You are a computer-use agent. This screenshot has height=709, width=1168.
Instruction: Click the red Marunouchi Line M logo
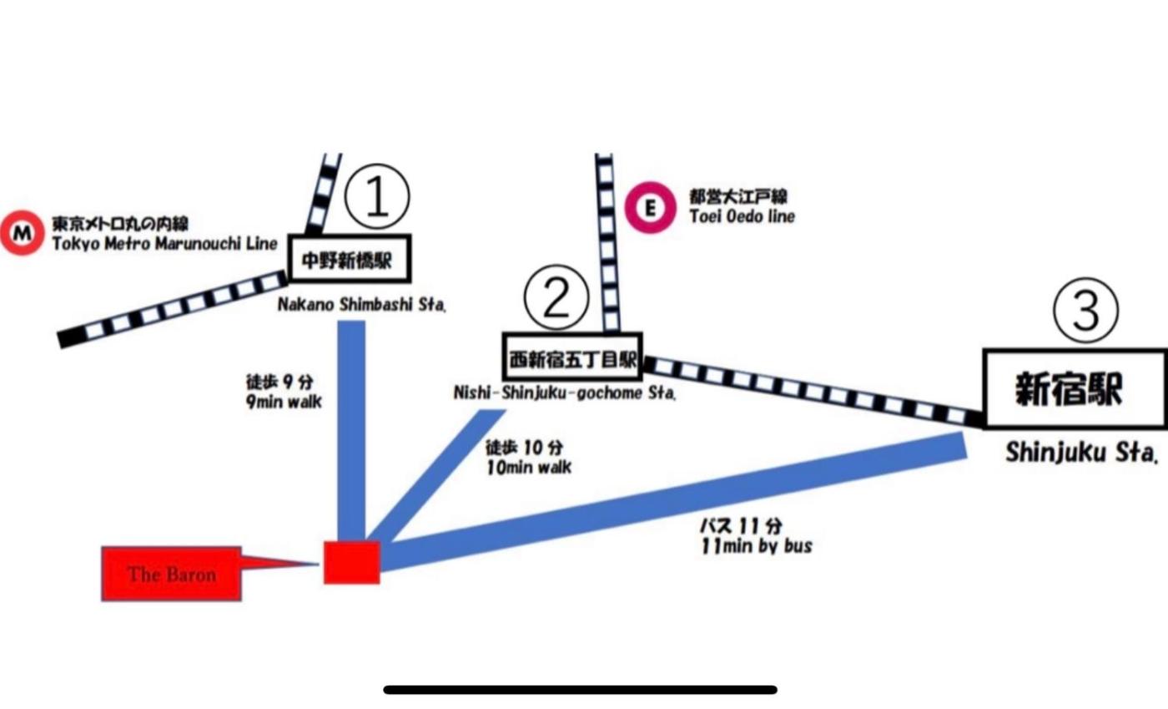pyautogui.click(x=23, y=233)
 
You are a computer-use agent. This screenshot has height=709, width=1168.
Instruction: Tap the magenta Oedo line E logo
pyautogui.click(x=649, y=207)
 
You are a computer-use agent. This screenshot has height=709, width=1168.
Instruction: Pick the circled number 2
pyautogui.click(x=556, y=297)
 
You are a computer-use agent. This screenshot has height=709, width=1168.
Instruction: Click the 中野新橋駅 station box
pyautogui.click(x=350, y=260)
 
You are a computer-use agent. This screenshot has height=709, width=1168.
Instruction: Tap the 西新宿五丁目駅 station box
pyautogui.click(x=572, y=362)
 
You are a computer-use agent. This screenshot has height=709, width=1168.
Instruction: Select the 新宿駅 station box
pyautogui.click(x=1075, y=389)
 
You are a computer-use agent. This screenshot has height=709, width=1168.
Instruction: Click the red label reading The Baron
pyautogui.click(x=172, y=574)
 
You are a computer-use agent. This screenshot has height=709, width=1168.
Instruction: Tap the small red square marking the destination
pyautogui.click(x=352, y=562)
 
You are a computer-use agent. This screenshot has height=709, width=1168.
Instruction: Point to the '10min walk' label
pyautogui.click(x=529, y=468)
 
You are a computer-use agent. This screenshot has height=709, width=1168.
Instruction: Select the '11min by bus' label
pyautogui.click(x=757, y=546)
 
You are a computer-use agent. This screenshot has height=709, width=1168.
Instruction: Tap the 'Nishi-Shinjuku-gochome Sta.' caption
pyautogui.click(x=565, y=392)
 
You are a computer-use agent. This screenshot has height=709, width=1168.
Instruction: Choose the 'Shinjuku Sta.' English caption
pyautogui.click(x=1081, y=453)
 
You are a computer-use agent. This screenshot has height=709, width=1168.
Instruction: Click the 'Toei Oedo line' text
pyautogui.click(x=742, y=216)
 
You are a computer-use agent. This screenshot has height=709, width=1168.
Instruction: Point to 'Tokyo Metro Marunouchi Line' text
pyautogui.click(x=164, y=244)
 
